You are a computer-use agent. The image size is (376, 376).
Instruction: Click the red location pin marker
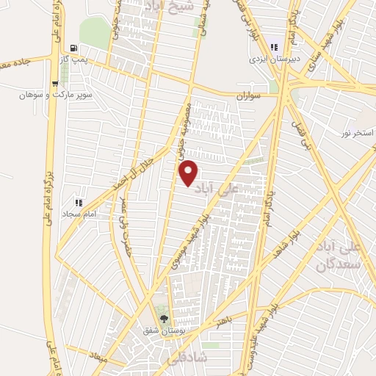coord(189,173)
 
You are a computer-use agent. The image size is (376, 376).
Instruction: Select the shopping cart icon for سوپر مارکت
coord(55,83)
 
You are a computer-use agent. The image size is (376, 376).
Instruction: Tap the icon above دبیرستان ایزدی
coord(274,45)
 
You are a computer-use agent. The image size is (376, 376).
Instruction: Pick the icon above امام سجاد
coord(79,202)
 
